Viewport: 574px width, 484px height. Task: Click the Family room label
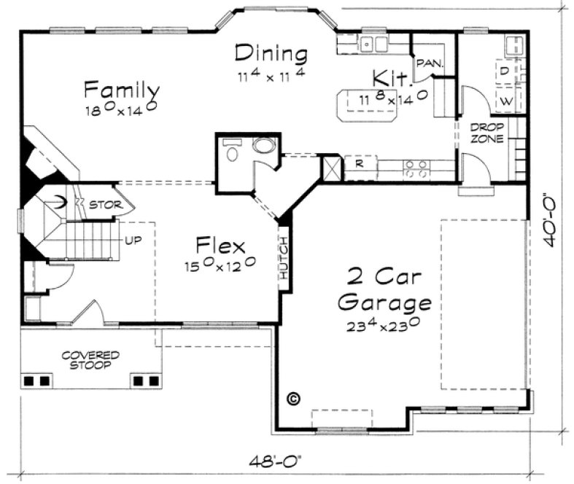coord(122,90)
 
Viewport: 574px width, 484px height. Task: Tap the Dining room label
coord(271,54)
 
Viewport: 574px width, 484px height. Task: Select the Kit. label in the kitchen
coord(387,78)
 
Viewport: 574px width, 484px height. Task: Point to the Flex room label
coord(220,245)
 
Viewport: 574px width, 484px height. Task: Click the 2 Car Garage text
coord(387,289)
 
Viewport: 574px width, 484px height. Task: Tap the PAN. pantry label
coord(430,64)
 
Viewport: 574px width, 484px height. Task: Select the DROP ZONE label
coord(486,133)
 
